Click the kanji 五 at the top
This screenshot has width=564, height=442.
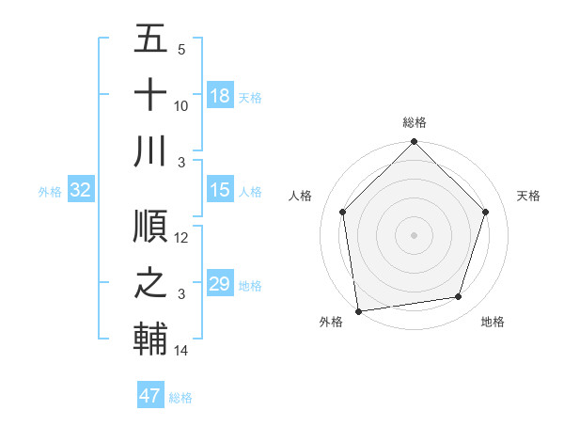pos(150,40)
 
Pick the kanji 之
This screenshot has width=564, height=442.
pos(150,283)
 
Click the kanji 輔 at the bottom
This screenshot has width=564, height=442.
pos(150,339)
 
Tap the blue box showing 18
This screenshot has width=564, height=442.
pos(220,95)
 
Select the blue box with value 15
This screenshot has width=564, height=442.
pos(220,190)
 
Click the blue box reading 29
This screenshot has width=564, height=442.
pos(220,283)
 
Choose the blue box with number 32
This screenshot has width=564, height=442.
pos(81,190)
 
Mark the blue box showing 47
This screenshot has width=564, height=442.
pos(150,396)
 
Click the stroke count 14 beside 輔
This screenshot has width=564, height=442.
pos(181,351)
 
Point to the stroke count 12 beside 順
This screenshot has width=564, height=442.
pos(181,238)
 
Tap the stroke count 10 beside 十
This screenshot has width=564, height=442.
pos(181,105)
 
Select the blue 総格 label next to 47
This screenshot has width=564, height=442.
pos(180,398)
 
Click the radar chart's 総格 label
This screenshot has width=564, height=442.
pos(415,122)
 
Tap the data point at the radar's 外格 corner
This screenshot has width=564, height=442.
pos(358,310)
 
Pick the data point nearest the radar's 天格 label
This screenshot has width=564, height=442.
pos(486,212)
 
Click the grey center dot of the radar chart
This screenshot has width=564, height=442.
pos(415,234)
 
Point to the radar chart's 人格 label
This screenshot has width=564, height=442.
pos(301,196)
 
